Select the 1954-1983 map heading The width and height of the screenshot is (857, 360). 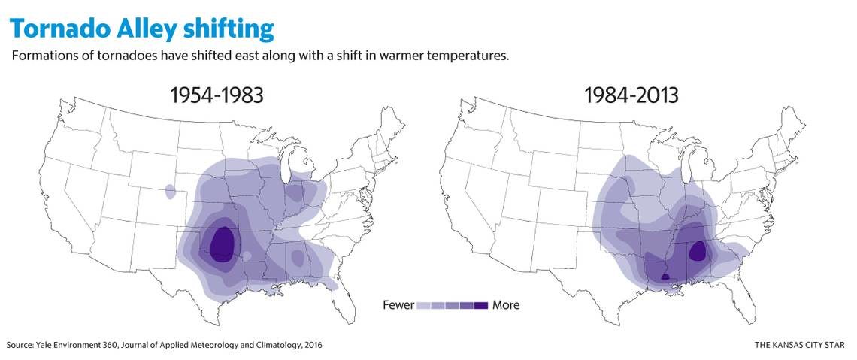click(217, 95)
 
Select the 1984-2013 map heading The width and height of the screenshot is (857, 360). click(631, 95)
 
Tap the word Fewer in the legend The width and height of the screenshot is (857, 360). click(398, 305)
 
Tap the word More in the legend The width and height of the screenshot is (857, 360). click(506, 305)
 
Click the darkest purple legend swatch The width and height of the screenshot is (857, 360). click(480, 305)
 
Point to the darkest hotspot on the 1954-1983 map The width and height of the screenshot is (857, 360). click(221, 242)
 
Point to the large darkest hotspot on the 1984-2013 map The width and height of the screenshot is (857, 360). click(698, 251)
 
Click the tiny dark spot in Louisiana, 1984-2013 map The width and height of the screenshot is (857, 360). click(665, 277)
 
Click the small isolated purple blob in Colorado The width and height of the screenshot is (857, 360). click(170, 191)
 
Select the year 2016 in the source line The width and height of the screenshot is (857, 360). click(313, 345)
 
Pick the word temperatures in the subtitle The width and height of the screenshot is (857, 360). click(473, 57)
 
